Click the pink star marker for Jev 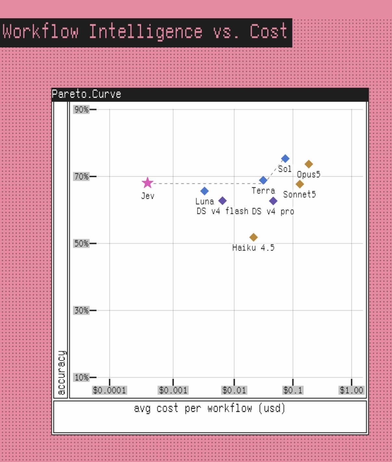148,183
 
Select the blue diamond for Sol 285,159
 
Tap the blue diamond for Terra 263,180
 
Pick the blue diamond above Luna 204,191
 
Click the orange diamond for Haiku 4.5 253,237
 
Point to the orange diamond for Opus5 308,164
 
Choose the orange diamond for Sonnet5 300,184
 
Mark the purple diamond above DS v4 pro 273,201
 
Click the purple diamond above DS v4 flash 222,201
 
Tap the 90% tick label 81,109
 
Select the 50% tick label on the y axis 81,243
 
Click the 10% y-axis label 81,378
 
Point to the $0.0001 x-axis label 109,390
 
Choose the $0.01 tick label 234,390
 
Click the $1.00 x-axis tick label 351,390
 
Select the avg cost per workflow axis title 210,408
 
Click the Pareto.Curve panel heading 86,94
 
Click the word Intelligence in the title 146,31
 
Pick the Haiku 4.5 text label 253,248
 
